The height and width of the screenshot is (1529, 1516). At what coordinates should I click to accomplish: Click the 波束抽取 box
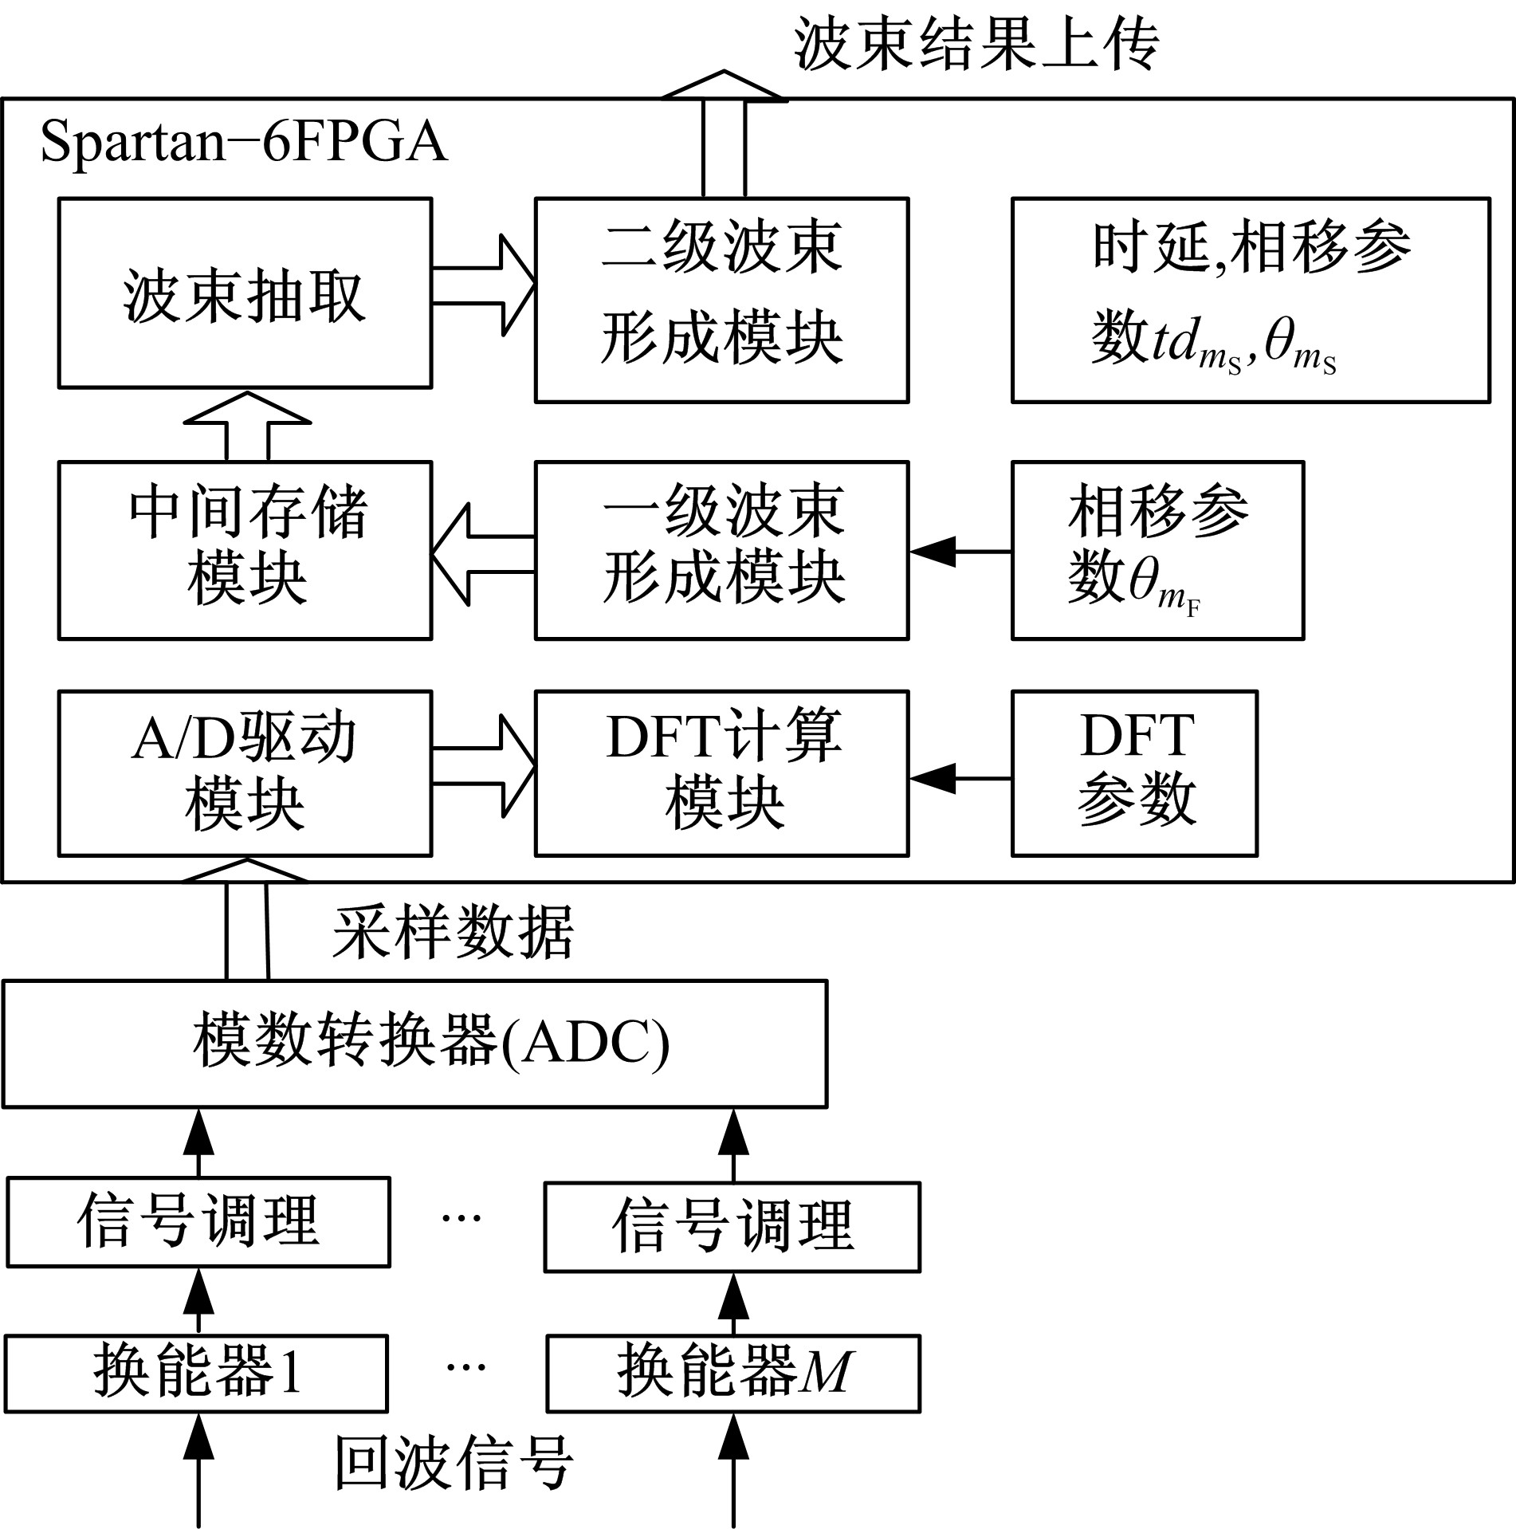pyautogui.click(x=245, y=293)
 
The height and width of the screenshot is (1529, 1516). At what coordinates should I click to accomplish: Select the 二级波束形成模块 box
pyautogui.click(x=721, y=300)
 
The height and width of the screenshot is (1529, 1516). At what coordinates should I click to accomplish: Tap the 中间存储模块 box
pyautogui.click(x=245, y=550)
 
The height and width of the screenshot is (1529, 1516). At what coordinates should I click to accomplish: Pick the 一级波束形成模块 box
pyautogui.click(x=721, y=550)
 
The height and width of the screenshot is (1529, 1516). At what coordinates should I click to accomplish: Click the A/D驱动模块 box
pyautogui.click(x=245, y=773)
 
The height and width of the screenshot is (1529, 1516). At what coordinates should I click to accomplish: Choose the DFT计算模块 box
pyautogui.click(x=721, y=773)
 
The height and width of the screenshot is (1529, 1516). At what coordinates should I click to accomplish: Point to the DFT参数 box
pyautogui.click(x=1134, y=773)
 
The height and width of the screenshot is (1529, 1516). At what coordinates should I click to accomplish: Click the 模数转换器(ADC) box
pyautogui.click(x=414, y=1044)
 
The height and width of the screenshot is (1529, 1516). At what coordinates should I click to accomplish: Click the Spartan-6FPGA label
pyautogui.click(x=244, y=143)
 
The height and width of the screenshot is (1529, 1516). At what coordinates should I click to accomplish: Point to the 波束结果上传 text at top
pyautogui.click(x=976, y=44)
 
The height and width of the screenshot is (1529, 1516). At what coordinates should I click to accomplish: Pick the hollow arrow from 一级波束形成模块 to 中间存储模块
pyautogui.click(x=482, y=555)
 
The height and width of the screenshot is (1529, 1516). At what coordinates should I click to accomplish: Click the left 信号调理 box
pyautogui.click(x=198, y=1222)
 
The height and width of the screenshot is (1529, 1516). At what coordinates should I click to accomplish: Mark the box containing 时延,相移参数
pyautogui.click(x=1250, y=300)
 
